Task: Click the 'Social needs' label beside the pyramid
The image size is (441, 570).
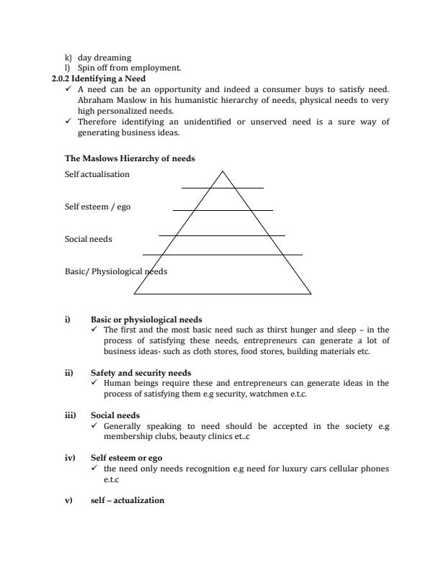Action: coord(88,239)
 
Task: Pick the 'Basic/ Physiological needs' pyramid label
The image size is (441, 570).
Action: coord(115,271)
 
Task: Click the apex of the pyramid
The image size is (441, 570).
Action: coord(222,171)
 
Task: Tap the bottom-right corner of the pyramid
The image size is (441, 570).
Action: coord(311,294)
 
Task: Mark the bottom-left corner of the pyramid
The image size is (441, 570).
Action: coord(134,294)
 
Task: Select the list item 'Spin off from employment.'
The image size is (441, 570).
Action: coord(119,67)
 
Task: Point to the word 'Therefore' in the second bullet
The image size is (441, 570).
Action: coord(96,122)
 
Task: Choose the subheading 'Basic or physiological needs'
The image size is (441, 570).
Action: coord(146,320)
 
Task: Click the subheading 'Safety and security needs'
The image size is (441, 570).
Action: coord(141,373)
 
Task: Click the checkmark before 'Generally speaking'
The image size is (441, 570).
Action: coord(95,426)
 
